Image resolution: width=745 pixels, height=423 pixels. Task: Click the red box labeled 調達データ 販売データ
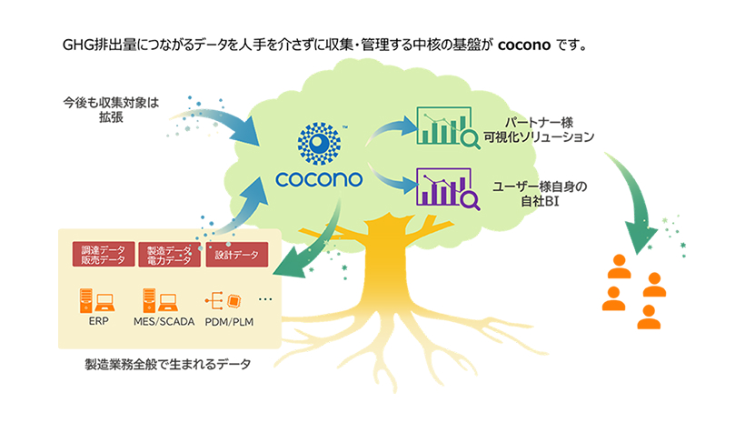tap(103, 255)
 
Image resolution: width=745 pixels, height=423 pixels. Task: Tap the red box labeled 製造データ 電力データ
tap(168, 255)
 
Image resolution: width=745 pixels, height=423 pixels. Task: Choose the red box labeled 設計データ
tap(237, 255)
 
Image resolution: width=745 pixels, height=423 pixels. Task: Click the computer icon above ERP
tap(94, 297)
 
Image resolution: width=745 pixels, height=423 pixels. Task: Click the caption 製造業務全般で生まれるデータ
tap(167, 365)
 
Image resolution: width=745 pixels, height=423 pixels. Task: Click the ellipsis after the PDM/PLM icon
tap(266, 298)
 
